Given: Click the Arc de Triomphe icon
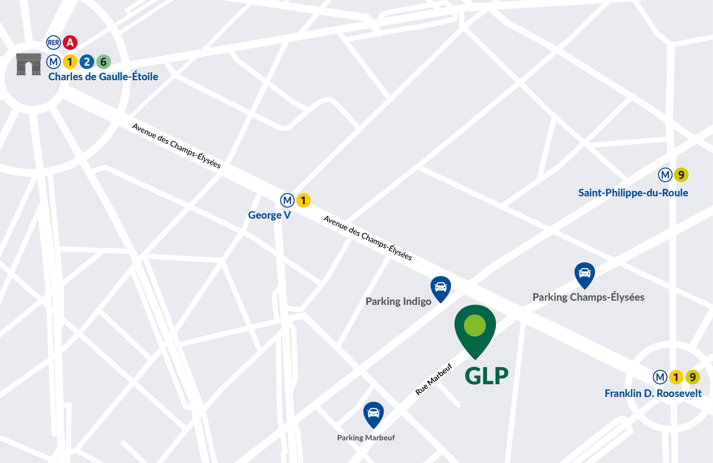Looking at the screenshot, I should pyautogui.click(x=29, y=64).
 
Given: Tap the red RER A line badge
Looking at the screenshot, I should pyautogui.click(x=70, y=43).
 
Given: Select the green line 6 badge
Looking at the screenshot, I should pyautogui.click(x=104, y=62).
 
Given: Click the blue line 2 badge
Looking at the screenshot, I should pyautogui.click(x=87, y=62).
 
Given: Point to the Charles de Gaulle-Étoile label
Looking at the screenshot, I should pyautogui.click(x=103, y=77).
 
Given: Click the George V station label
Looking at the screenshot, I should pyautogui.click(x=269, y=215).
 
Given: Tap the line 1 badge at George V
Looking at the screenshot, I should pyautogui.click(x=303, y=200).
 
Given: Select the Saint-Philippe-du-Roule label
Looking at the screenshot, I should pyautogui.click(x=633, y=193).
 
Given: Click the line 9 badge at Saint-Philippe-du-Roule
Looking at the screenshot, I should pyautogui.click(x=681, y=175).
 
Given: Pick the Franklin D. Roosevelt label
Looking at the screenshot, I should pyautogui.click(x=653, y=393).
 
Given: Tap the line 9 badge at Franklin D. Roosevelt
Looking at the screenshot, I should pyautogui.click(x=692, y=377).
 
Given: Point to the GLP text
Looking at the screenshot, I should pyautogui.click(x=486, y=376).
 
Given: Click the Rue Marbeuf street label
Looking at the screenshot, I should pyautogui.click(x=433, y=379).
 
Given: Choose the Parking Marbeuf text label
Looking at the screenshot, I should pyautogui.click(x=366, y=438).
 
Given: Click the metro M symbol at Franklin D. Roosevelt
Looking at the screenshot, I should pyautogui.click(x=660, y=377).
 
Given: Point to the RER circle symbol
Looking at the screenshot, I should pyautogui.click(x=53, y=43).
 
